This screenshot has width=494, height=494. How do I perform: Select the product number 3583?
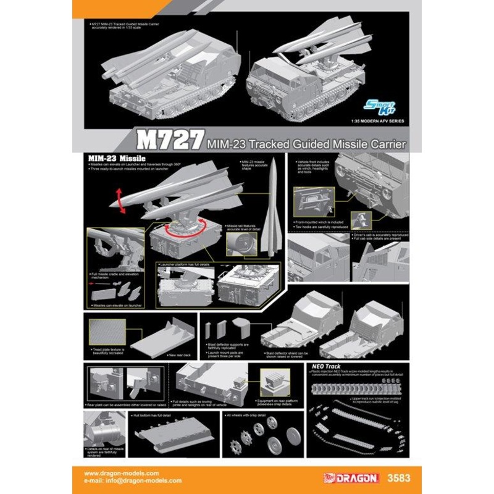[393, 477]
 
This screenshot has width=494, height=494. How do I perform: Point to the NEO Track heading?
[320, 366]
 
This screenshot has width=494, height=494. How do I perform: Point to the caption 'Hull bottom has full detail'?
[153, 416]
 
